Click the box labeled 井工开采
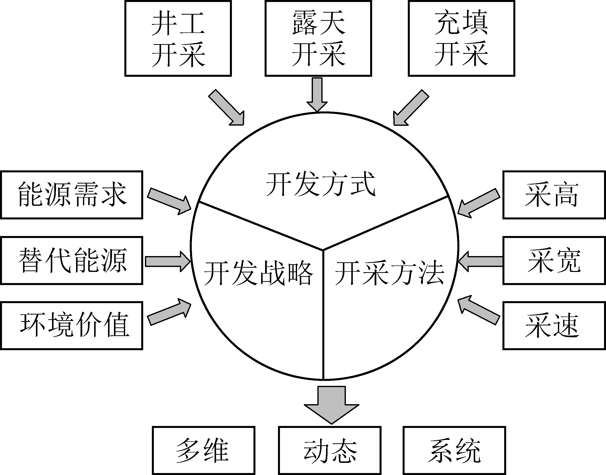178,38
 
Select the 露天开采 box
318,38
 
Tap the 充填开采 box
461,38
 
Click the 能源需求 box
72,195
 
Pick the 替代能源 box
72,261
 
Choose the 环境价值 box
72,325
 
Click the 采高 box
554,195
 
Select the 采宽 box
554,261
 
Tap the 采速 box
554,325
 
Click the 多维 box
204,450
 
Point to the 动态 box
330,450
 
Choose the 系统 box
454,450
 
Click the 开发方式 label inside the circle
321,184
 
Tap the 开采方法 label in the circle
389,273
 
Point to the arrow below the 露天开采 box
317,95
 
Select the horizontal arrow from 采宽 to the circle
481,262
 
